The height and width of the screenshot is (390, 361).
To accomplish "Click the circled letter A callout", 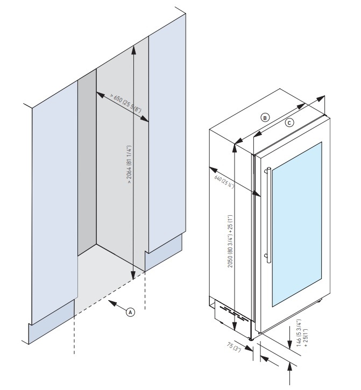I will point(129,311).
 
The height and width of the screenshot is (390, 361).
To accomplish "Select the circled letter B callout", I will point(264,117).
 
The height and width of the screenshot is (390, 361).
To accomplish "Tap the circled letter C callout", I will point(289,122).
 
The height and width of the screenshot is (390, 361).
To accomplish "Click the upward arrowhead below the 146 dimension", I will point(290,367).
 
